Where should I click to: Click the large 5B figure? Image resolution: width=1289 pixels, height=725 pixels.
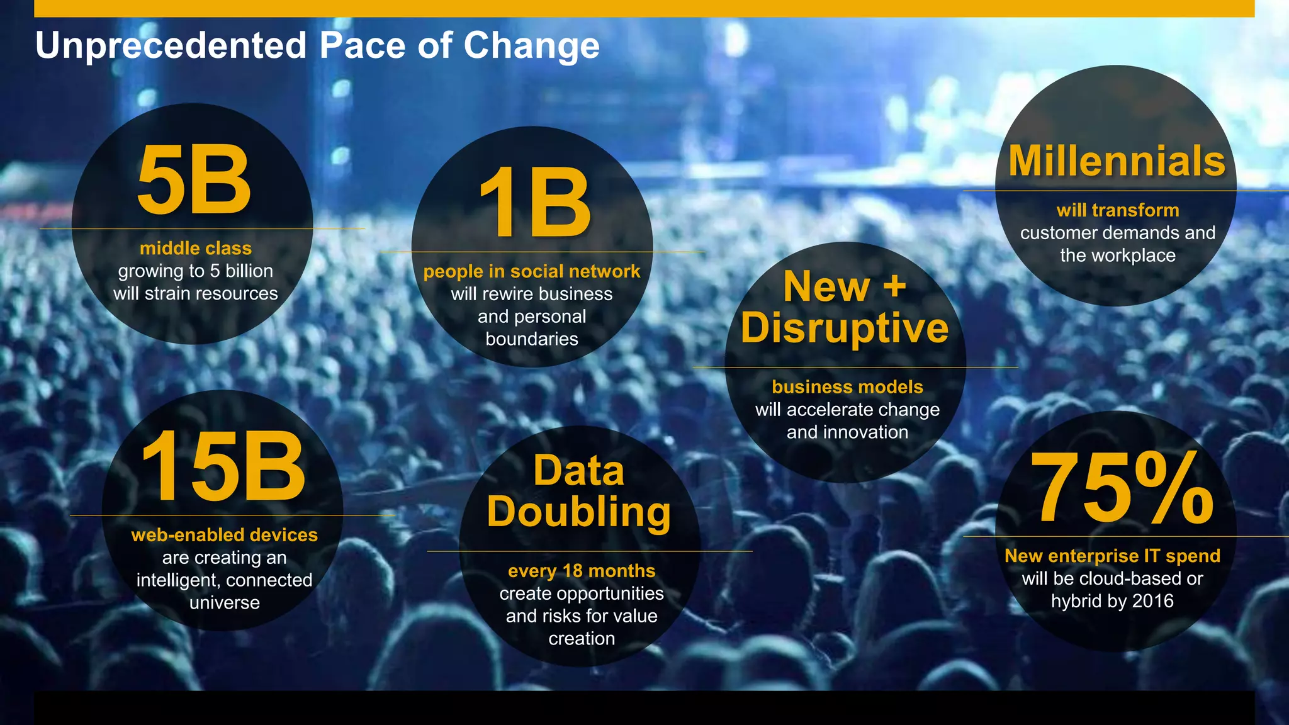pos(194,181)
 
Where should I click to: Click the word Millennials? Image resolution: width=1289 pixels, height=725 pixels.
pos(1117,161)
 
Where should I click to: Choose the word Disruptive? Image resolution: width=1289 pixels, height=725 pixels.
pos(845,328)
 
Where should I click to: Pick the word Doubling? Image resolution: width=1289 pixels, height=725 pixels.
pos(579,512)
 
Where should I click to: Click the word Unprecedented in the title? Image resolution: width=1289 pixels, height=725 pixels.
pos(171,45)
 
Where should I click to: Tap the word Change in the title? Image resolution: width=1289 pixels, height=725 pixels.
pos(532,45)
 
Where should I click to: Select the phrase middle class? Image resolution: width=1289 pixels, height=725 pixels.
pos(196,248)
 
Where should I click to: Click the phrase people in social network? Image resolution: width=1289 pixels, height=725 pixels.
pos(532,271)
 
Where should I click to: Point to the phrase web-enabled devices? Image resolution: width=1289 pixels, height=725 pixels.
pos(225,535)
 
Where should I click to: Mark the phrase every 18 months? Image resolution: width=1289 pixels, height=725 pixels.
pos(582,571)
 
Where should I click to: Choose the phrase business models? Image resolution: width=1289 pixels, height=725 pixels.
pos(847,387)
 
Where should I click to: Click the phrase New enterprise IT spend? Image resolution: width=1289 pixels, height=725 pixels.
pos(1112,556)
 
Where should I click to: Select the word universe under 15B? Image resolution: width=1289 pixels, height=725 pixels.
pos(225,603)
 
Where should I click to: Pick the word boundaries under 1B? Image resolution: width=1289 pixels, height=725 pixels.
pos(532,339)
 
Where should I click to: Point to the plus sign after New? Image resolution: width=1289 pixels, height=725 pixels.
pos(894,287)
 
